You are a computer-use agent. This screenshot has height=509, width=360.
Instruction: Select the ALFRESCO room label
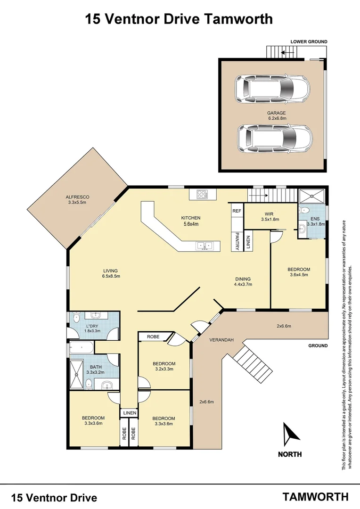pyautogui.click(x=77, y=199)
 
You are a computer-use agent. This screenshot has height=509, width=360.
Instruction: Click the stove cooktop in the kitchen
pyautogui.click(x=203, y=194)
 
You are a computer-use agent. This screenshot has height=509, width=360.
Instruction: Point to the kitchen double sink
pyautogui.click(x=205, y=245)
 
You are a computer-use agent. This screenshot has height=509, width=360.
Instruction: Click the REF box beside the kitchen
pyautogui.click(x=237, y=211)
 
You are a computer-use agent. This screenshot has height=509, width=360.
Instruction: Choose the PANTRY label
pyautogui.click(x=237, y=241)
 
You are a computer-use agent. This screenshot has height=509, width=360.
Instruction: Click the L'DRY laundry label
pyautogui.click(x=93, y=328)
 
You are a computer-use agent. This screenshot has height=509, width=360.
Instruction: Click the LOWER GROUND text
pyautogui.click(x=309, y=42)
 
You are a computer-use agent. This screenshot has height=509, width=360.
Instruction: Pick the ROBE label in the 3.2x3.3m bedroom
pyautogui.click(x=154, y=337)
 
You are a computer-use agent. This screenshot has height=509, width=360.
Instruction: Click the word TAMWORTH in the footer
pyautogui.click(x=315, y=496)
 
